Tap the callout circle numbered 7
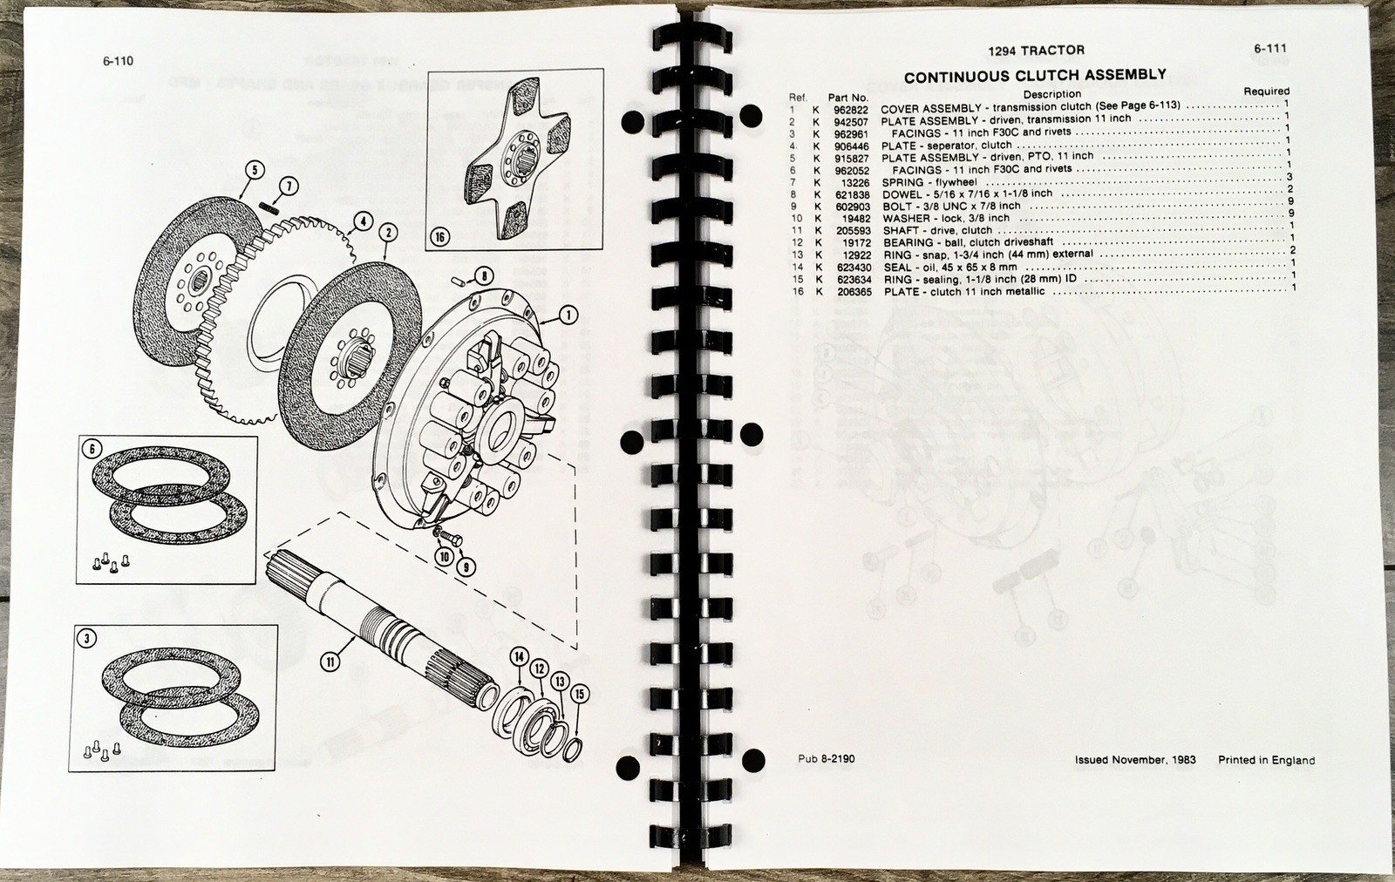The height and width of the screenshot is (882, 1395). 289,185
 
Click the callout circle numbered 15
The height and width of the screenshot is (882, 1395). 580,693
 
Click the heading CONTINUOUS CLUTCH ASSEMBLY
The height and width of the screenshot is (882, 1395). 1035,75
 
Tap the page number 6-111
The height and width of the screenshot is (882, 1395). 1270,49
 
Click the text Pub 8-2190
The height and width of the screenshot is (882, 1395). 826,758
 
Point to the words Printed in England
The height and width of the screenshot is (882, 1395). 1266,759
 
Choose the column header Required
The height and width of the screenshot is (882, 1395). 1266,91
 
